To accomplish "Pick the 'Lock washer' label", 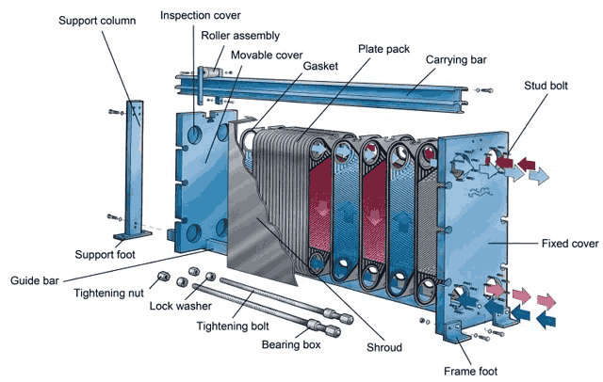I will click(x=181, y=306).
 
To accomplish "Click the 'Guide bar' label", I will click(x=37, y=279).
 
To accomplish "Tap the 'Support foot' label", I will click(x=108, y=255).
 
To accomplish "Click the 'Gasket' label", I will click(x=321, y=67).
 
